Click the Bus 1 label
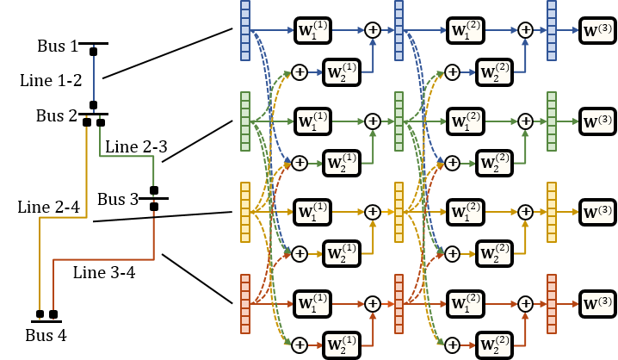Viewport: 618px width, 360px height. (58, 45)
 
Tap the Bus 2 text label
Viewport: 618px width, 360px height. (57, 115)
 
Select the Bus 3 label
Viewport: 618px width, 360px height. (118, 200)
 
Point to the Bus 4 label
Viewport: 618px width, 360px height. (46, 334)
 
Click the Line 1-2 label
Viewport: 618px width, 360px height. (51, 80)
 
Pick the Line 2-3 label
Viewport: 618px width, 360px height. (136, 149)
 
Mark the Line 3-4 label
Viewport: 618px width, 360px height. (103, 273)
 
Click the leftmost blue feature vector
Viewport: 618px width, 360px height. (244, 30)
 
